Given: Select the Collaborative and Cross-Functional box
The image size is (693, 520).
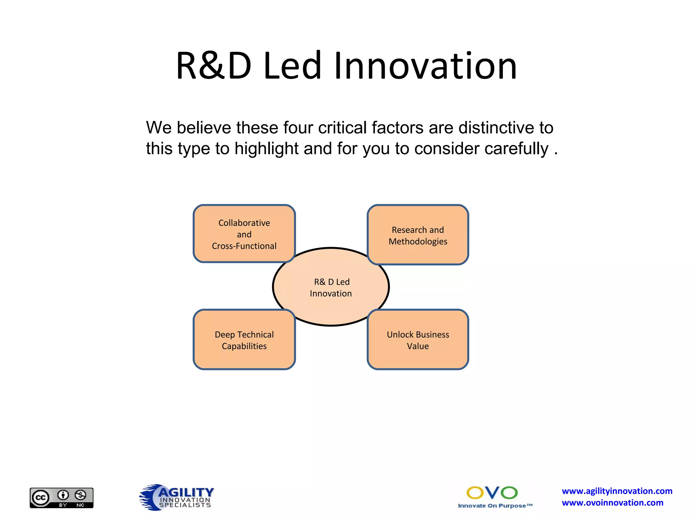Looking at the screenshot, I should pos(244,234).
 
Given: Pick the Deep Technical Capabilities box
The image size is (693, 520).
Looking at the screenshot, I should pos(244,340).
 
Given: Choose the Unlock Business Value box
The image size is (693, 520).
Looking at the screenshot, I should pos(418,340).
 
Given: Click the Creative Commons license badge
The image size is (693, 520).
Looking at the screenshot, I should pos(62,498).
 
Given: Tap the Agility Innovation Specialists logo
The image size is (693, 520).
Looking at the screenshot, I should pos(177,497).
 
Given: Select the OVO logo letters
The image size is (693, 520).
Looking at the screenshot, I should pos(492,493).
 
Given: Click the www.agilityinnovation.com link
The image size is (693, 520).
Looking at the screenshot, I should pos(617,491).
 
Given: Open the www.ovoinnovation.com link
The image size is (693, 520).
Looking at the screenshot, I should pos(612,503).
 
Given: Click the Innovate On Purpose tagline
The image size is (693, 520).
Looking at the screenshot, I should pos(495,506).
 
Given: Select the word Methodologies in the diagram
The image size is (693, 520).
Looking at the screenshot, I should pos(418,241).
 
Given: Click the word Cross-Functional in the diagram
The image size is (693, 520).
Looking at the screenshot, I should pos(244,246).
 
